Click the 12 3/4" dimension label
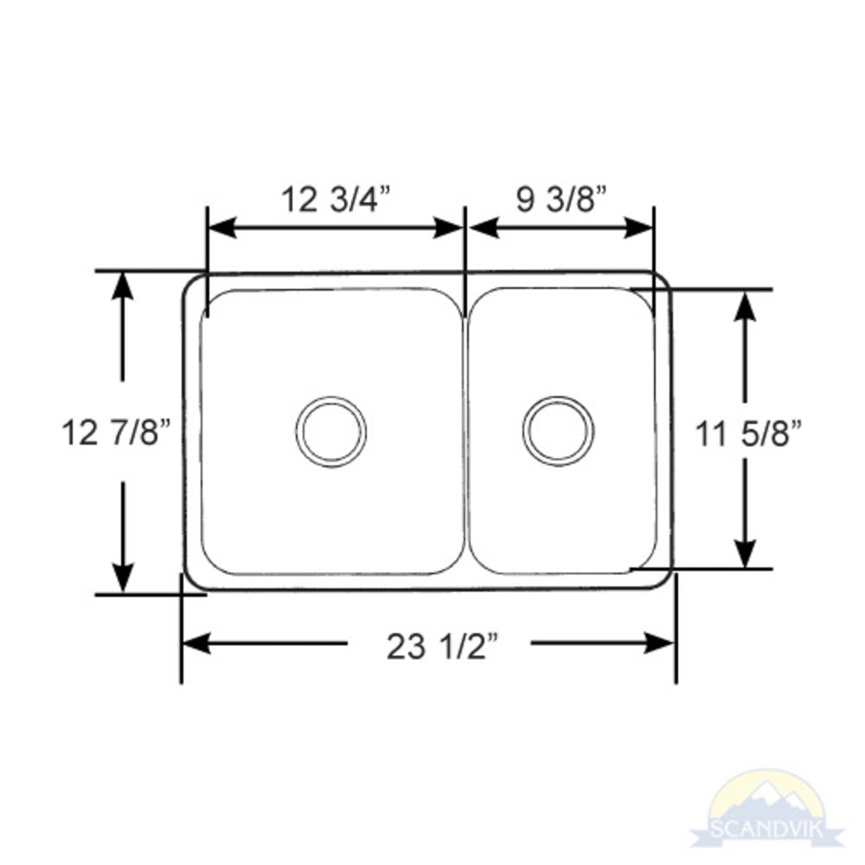point(336,200)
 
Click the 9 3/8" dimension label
point(560,200)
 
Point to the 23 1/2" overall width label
point(443,645)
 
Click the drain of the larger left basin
point(330,431)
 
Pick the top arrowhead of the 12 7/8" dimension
point(123,285)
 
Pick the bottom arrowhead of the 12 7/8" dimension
point(123,578)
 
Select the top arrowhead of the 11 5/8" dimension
point(745,305)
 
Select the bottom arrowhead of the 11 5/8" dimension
point(745,554)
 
